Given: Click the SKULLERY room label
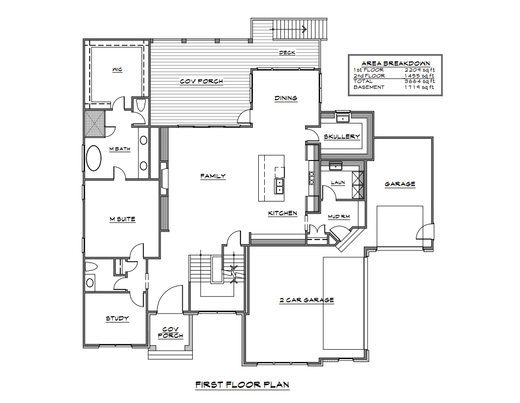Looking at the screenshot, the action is (x=342, y=136).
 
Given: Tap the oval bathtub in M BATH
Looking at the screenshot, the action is (x=94, y=158).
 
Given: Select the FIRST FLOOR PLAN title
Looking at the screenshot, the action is (x=243, y=385).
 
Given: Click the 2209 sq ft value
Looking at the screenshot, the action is (x=419, y=70).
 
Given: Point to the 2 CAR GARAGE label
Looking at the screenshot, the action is (x=307, y=300).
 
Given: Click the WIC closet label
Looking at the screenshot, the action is (x=117, y=70).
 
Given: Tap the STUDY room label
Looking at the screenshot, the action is (x=117, y=318).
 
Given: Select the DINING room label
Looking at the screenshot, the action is (x=286, y=98).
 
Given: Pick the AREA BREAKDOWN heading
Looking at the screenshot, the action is (x=396, y=63).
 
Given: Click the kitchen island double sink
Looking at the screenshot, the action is (x=279, y=186).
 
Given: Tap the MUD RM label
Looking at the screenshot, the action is (x=339, y=217).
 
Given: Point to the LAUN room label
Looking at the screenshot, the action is (x=338, y=182).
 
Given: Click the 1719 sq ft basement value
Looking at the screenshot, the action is (x=419, y=87).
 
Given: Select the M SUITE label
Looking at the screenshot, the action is (x=122, y=219).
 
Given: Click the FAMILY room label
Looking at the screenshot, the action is (x=213, y=176).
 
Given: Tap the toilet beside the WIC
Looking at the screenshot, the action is (x=141, y=105).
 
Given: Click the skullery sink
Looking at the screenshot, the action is (x=342, y=118).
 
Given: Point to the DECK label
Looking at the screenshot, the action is (x=287, y=52).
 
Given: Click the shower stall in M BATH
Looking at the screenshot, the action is (x=95, y=124).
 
